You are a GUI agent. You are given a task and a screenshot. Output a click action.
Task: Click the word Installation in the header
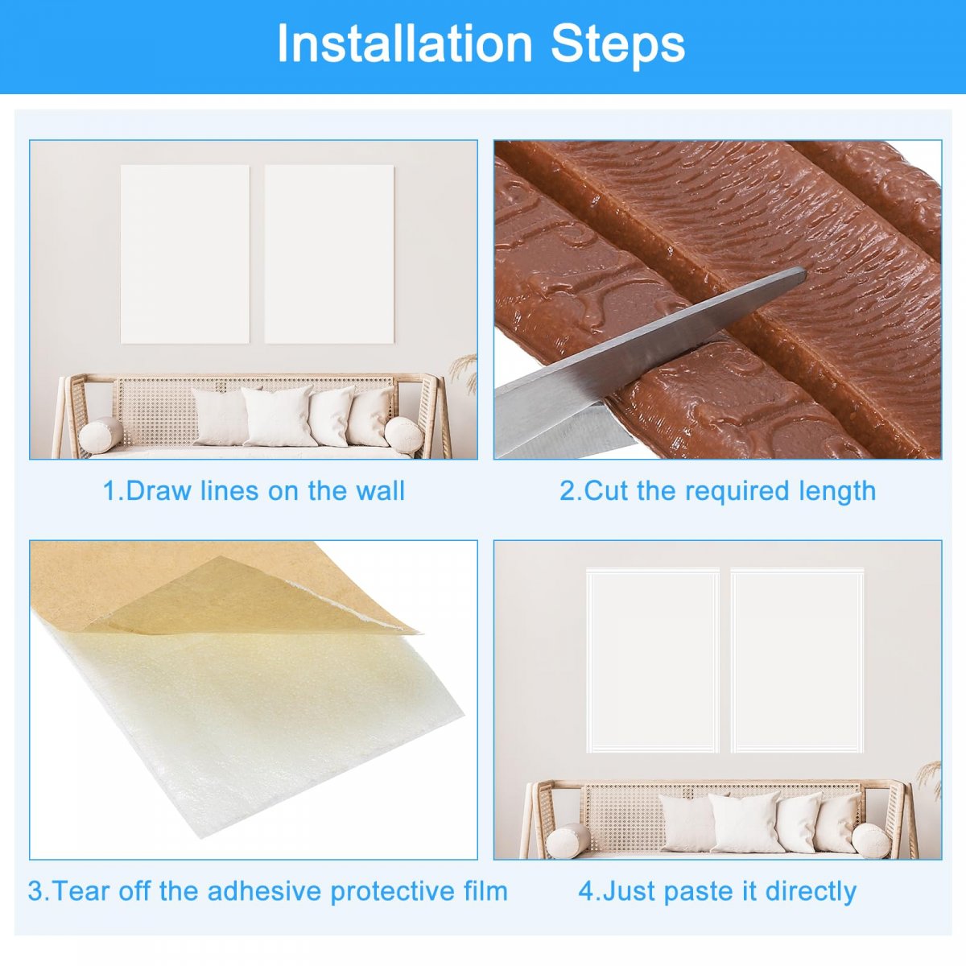(x=405, y=43)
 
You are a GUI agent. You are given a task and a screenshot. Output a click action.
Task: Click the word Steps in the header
(x=617, y=45)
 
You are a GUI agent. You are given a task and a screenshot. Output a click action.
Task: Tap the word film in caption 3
(x=485, y=890)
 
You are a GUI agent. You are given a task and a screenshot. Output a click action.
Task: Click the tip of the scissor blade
(x=804, y=272)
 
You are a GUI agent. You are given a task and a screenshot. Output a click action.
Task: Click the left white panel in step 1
(x=185, y=254)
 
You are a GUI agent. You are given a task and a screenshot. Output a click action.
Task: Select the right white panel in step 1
(x=329, y=254)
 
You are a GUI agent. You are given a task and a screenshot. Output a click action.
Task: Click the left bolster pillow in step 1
(x=101, y=436)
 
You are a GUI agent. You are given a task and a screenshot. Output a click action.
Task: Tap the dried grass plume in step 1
(x=464, y=371)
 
